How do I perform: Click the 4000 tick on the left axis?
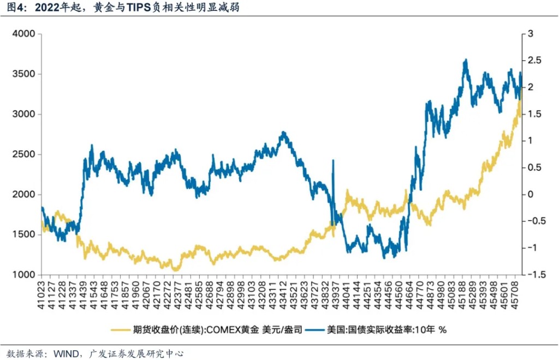(24, 34)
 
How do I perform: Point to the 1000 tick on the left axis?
(24, 275)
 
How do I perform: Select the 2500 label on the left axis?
(24, 155)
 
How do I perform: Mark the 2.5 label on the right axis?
(531, 61)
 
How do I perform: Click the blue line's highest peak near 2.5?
(465, 60)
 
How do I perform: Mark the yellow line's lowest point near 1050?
(175, 270)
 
